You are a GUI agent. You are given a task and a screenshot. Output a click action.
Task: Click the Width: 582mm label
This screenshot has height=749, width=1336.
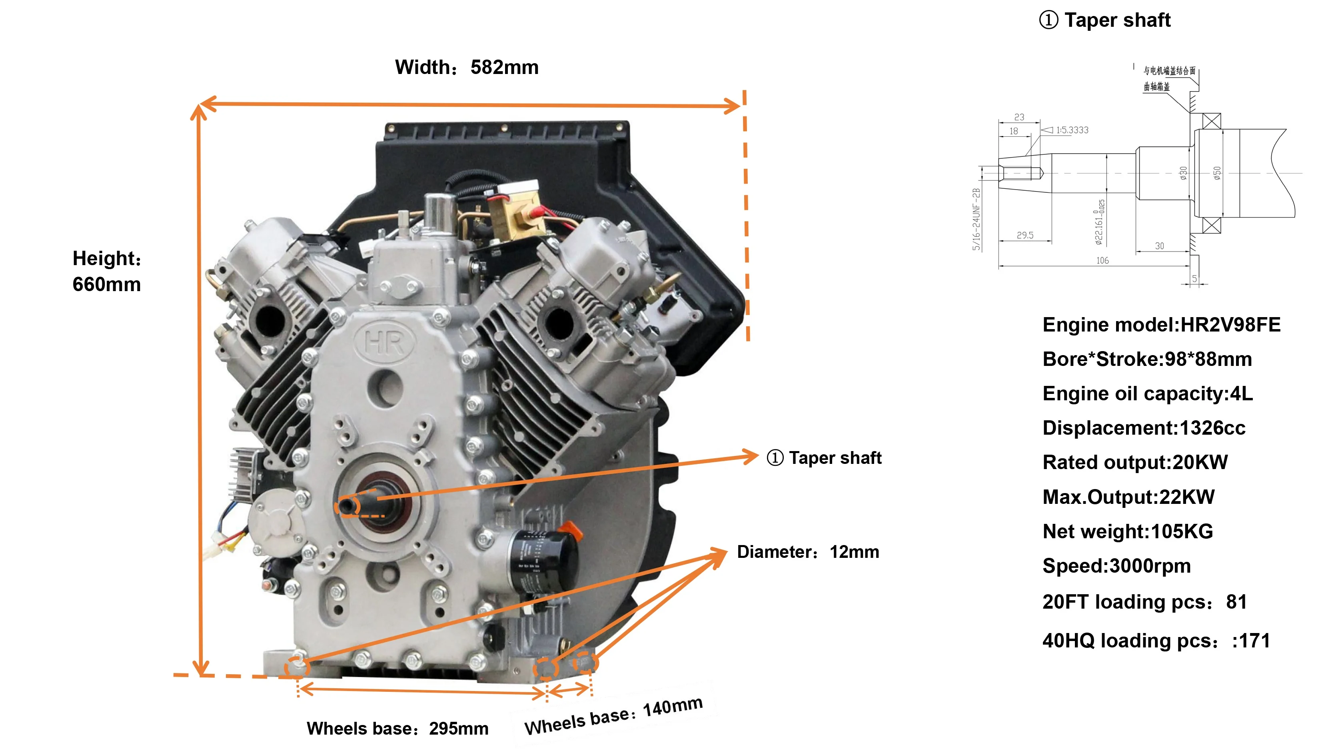(x=467, y=68)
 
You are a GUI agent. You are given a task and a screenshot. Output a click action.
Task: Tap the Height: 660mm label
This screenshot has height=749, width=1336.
(x=107, y=271)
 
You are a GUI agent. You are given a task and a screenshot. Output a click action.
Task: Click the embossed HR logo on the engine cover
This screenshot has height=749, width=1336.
(x=384, y=342)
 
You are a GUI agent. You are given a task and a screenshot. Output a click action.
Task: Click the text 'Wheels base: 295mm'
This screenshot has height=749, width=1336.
(x=397, y=729)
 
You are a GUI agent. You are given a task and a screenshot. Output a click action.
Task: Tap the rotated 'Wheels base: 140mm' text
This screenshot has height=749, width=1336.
(x=613, y=716)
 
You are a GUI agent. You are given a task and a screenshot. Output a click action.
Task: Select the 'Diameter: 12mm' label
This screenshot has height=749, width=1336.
(x=808, y=552)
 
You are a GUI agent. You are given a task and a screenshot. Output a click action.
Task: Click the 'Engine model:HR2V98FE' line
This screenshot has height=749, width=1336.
(x=1161, y=325)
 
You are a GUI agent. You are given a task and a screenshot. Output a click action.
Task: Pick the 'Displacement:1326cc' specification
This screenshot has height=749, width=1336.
(x=1144, y=428)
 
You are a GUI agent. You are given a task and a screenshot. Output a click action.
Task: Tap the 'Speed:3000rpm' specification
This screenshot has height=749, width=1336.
(x=1116, y=566)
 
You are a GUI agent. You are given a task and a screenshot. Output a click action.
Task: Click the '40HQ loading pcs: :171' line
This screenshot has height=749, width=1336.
(x=1156, y=641)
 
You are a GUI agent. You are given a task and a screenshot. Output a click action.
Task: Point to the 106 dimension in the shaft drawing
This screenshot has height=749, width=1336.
(x=1102, y=260)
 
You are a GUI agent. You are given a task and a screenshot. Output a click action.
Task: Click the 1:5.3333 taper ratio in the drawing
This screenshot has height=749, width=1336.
(x=1072, y=130)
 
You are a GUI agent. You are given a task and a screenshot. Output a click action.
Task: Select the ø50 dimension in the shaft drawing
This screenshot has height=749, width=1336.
(x=1217, y=173)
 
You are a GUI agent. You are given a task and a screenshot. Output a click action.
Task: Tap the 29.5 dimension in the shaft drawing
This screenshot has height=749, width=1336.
(x=1025, y=236)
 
